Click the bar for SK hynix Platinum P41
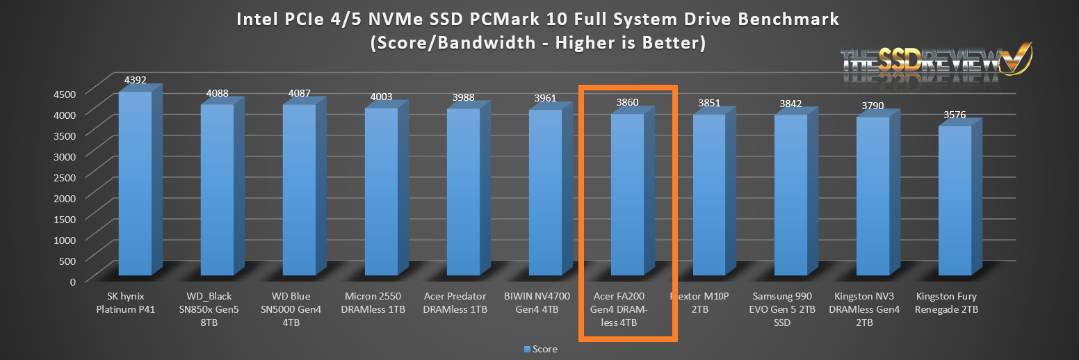coord(135,184)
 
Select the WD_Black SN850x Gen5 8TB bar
coord(217,191)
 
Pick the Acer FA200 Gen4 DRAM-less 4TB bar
coord(626,195)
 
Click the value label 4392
coord(136,81)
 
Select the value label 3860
coord(627,103)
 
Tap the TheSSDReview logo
coord(935,61)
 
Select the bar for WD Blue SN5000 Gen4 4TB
coord(299,191)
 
